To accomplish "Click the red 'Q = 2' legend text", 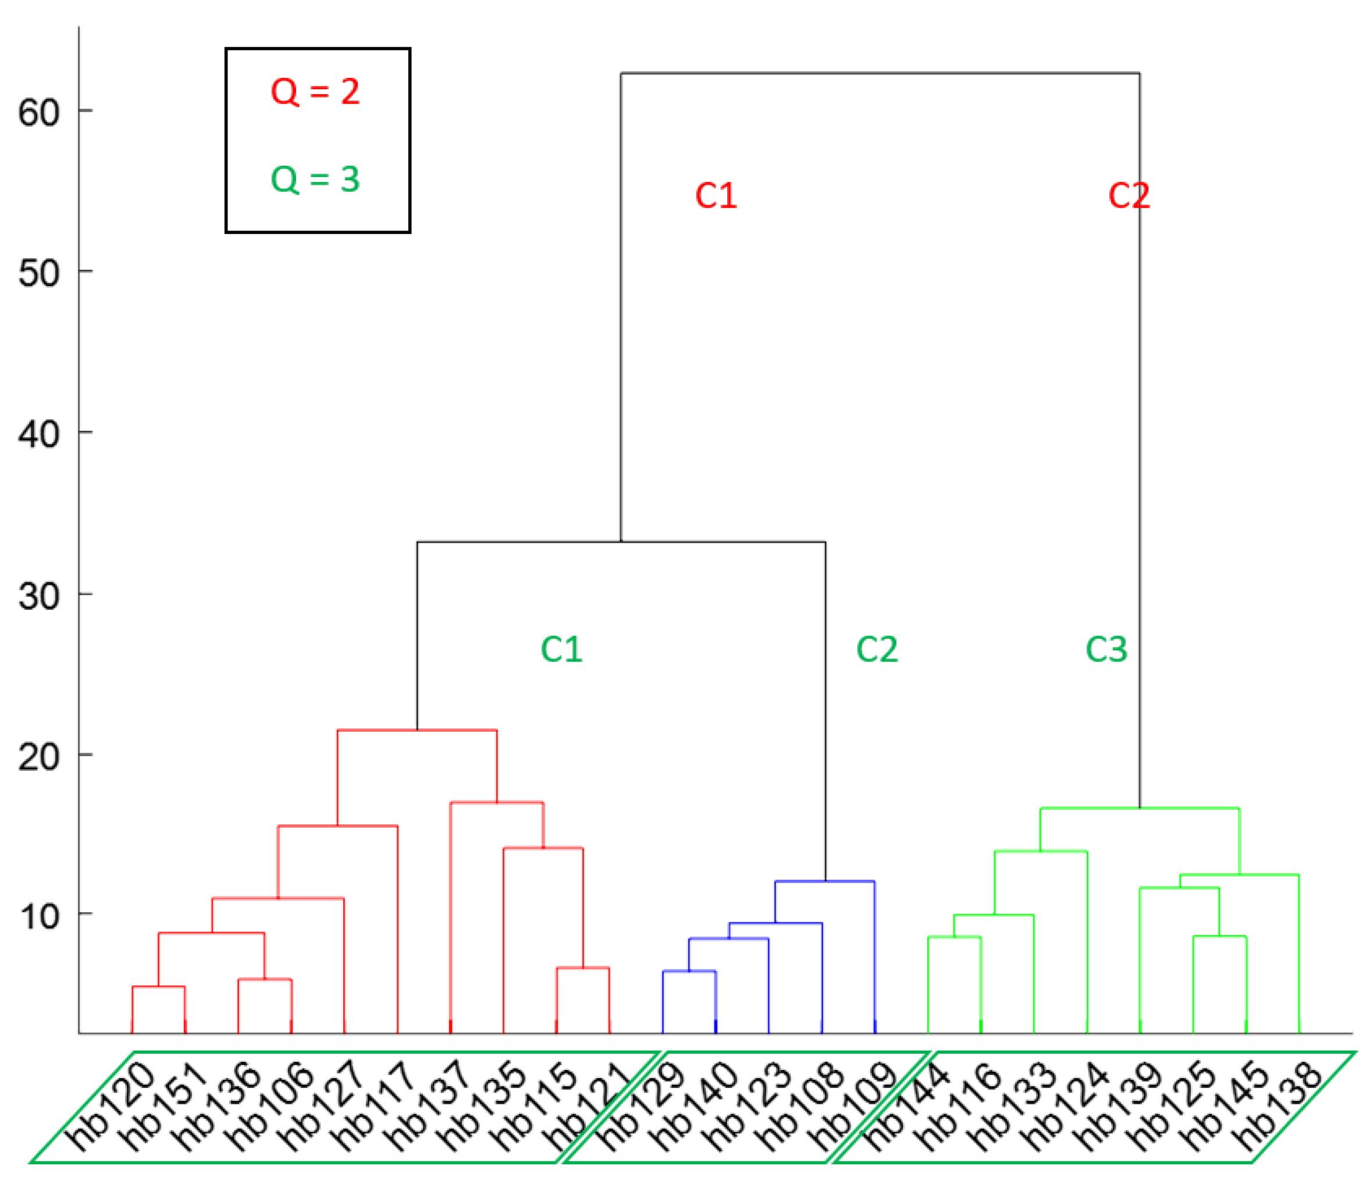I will pos(315,91).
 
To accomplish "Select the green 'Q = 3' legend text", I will pos(315,179).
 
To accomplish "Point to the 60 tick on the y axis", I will pos(39,112).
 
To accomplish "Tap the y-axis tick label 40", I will pos(39,435).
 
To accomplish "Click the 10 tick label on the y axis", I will pos(39,916).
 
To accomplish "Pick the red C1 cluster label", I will pos(716,195).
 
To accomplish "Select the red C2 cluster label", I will pos(1129,195).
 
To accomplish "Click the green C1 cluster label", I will pos(561,649).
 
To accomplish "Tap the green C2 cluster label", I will pos(877,649).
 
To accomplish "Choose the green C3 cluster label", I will pos(1106,649).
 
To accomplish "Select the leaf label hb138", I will pos(1278,1105).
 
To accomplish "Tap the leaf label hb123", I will pos(747,1105).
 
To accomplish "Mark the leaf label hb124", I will pos(1065,1105).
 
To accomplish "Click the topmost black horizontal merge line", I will pos(880,73).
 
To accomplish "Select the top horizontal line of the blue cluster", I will pos(824,881).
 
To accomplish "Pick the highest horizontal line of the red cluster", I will pos(417,731).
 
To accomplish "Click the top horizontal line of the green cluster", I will pos(1139,808).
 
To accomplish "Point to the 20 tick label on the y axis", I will pos(39,756).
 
